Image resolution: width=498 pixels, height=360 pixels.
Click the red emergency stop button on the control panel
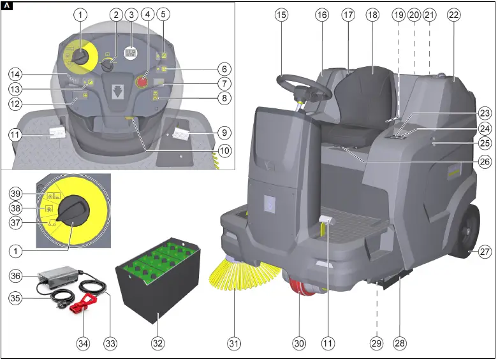(142, 81)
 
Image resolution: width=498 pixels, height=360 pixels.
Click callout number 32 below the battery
(157, 343)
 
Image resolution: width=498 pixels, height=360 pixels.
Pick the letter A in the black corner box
(6, 6)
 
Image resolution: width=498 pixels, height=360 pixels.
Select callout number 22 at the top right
(453, 15)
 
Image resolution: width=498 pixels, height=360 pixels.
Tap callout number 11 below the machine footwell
(328, 343)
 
